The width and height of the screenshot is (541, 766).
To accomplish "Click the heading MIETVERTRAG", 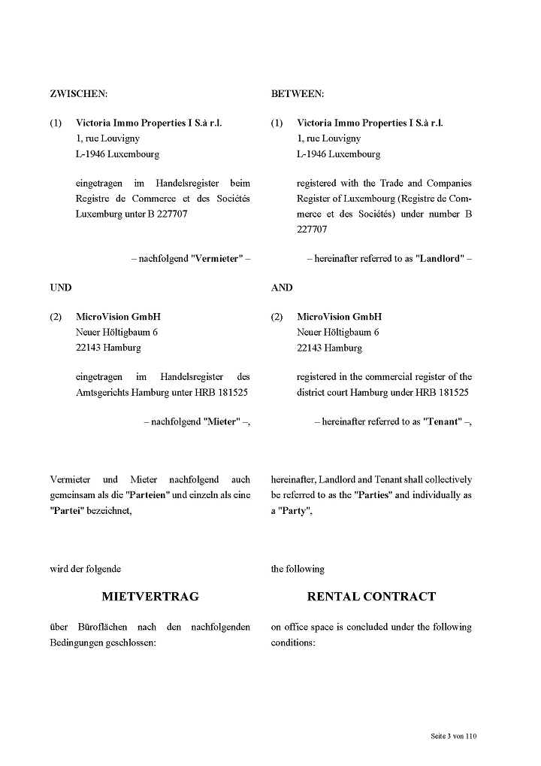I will [x=150, y=597].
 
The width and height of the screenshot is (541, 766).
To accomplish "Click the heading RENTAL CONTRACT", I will [x=371, y=597].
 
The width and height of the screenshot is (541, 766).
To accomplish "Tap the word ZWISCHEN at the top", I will [x=78, y=94].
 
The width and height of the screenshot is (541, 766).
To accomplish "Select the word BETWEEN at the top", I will [x=298, y=94].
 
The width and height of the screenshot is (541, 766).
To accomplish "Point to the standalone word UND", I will [x=61, y=287].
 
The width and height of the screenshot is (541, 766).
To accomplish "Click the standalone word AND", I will [x=282, y=287].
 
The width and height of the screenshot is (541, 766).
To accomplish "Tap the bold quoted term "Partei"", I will [x=66, y=509].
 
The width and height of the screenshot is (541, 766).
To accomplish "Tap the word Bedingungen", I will [x=76, y=642].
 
